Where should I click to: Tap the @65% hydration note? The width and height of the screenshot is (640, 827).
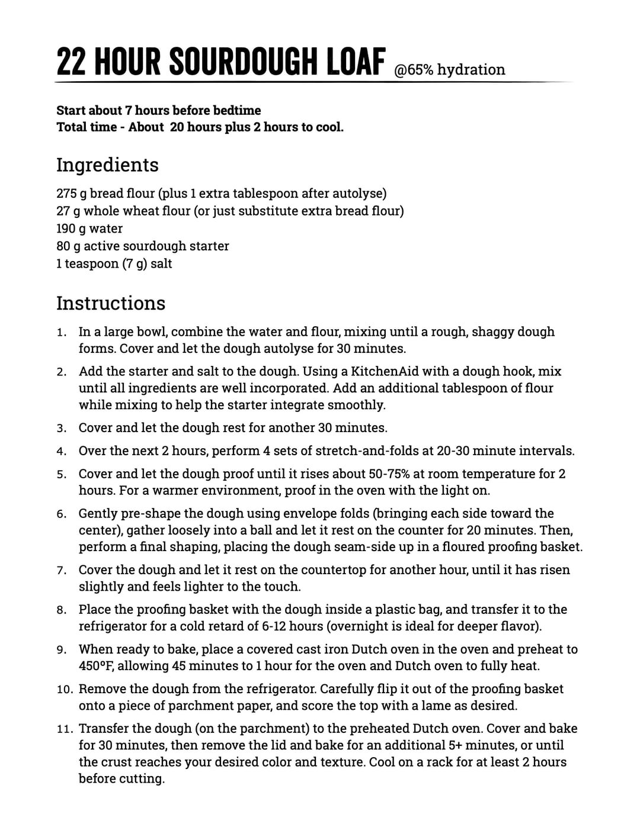click(450, 70)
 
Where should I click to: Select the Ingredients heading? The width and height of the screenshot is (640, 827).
click(107, 165)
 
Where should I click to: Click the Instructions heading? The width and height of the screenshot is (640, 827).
click(111, 303)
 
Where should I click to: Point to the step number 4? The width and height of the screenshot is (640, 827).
click(61, 452)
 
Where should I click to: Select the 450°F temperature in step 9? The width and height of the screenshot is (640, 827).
click(97, 666)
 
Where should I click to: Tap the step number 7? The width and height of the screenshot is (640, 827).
click(61, 571)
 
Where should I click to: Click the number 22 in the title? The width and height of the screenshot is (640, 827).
click(72, 62)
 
